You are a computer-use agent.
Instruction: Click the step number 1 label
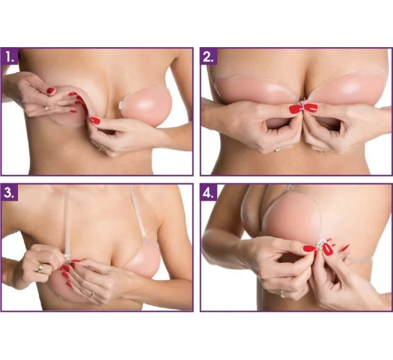click(x=10, y=57)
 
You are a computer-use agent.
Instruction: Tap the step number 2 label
click(x=209, y=57)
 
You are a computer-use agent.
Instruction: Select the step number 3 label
click(x=10, y=193)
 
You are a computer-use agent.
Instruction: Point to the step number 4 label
click(x=209, y=193)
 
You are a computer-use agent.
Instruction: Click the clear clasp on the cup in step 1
click(x=121, y=105)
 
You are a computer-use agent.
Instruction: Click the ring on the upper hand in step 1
click(x=47, y=108)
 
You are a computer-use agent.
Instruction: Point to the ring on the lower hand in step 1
click(x=100, y=149)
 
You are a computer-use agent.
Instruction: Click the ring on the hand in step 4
click(x=283, y=294)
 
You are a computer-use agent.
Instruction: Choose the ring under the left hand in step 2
click(x=277, y=150)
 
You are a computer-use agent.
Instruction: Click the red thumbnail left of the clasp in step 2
click(x=295, y=109)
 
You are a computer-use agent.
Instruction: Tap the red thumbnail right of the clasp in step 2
click(x=310, y=108)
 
